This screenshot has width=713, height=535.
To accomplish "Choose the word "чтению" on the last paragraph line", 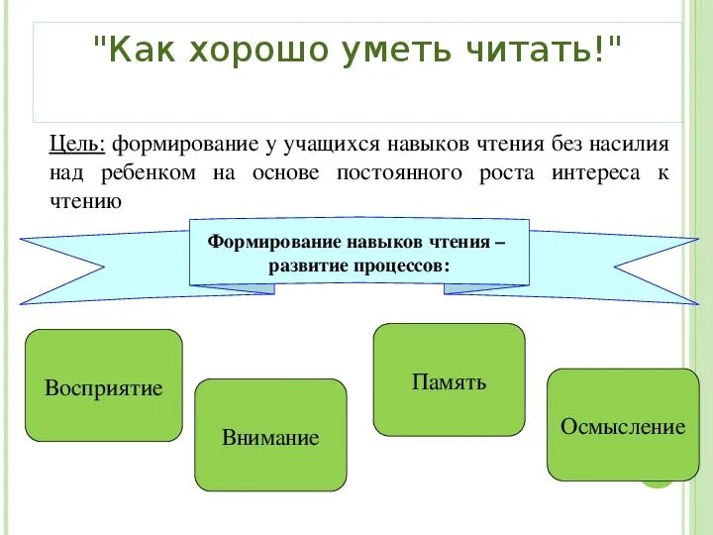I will tap(85, 201).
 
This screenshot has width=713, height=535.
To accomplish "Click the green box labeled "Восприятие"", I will tap(103, 385).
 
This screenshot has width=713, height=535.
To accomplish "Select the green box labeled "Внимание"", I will tap(270, 435).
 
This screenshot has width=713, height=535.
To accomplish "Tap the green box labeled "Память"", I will tap(449, 379).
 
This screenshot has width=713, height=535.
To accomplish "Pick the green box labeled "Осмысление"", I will tap(622, 425).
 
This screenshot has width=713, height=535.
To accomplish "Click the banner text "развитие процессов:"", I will tap(358, 267).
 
